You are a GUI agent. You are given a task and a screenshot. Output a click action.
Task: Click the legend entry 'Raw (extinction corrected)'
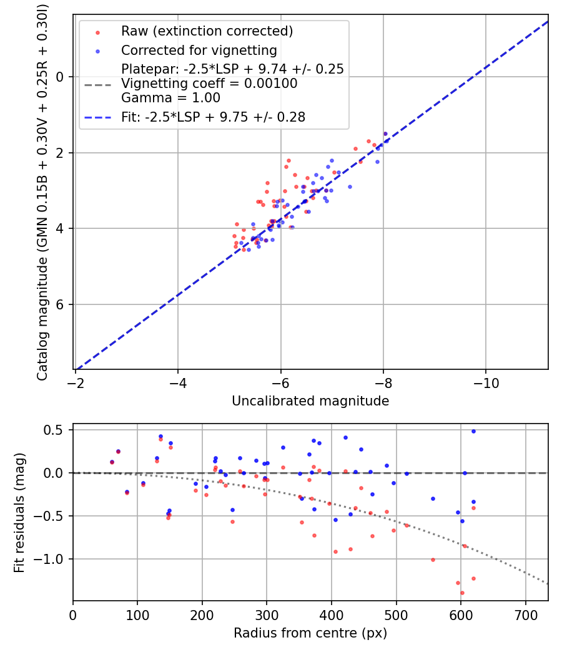pos(207,31)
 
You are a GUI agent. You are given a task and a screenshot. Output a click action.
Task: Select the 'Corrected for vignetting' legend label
pos(199,50)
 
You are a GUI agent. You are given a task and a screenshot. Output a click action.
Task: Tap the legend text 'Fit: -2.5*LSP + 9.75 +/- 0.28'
pos(213,117)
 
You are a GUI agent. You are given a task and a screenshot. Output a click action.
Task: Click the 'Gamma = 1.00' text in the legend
pos(170,98)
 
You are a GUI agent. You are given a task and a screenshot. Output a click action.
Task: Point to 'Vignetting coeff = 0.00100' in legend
pos(209,84)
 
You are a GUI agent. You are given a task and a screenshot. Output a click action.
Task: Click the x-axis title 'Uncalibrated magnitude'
pos(310,401)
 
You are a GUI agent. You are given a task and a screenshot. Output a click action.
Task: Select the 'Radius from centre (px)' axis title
pos(310,633)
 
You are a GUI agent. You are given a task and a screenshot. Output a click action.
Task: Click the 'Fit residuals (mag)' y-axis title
pos(19,513)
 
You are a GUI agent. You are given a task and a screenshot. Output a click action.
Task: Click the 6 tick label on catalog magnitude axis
pos(60,304)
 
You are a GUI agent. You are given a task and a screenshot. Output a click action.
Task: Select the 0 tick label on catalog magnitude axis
pos(60,77)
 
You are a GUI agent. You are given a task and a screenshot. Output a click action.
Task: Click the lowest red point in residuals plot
pos(462,593)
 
